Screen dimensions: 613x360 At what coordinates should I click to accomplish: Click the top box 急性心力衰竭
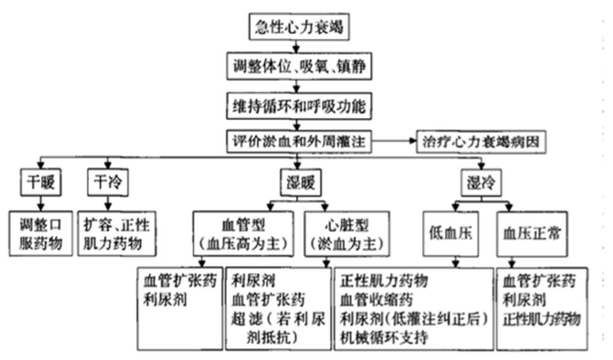(x=299, y=27)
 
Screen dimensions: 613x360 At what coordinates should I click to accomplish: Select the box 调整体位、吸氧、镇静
(x=299, y=66)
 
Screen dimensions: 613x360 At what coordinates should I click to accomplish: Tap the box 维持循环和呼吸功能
(x=299, y=106)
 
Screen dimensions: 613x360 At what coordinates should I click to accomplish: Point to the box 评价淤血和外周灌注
(x=299, y=141)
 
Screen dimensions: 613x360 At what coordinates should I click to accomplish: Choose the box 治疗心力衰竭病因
(x=481, y=142)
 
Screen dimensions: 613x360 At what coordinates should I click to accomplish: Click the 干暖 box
(x=41, y=182)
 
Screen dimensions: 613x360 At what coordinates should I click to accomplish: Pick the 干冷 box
(x=108, y=182)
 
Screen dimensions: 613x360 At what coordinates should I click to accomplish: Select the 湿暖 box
(x=300, y=182)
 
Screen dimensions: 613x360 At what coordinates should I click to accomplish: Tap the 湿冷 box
(x=481, y=182)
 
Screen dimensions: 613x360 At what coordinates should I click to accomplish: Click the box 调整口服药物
(x=41, y=234)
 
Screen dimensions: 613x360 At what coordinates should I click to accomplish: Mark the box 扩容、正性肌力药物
(x=117, y=234)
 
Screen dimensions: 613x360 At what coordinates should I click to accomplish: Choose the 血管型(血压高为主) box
(x=243, y=234)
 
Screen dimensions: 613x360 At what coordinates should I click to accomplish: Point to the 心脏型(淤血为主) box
(x=347, y=234)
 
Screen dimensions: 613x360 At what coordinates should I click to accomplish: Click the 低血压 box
(x=451, y=234)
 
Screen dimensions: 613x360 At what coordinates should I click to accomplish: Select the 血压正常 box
(x=532, y=234)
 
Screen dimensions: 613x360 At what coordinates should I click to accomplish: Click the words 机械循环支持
(x=384, y=337)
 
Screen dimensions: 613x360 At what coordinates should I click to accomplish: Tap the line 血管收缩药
(x=377, y=300)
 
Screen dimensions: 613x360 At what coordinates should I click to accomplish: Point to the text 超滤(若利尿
(x=278, y=319)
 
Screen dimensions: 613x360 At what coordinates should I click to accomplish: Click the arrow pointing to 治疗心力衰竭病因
(x=394, y=141)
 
